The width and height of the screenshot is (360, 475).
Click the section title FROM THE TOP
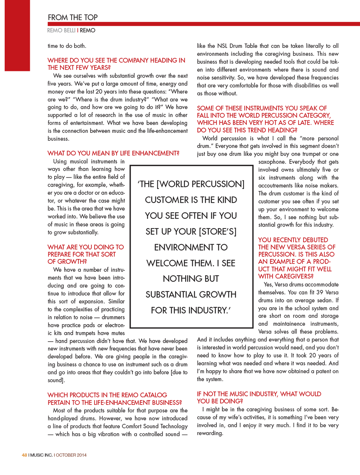coord(73,17)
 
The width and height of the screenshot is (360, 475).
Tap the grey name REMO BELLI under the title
coord(61,31)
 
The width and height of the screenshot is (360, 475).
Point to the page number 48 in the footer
coord(24,455)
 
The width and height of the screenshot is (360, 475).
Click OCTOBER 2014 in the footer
coord(71,455)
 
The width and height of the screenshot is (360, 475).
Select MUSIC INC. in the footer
coord(41,455)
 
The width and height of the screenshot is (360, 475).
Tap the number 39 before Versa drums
coord(319,292)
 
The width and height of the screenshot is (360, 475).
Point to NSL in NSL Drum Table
coord(222,46)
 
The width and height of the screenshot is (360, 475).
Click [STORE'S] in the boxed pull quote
coord(218,232)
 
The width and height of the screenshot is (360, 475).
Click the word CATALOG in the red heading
coord(153,395)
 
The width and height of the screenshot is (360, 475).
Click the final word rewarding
coord(210,433)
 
